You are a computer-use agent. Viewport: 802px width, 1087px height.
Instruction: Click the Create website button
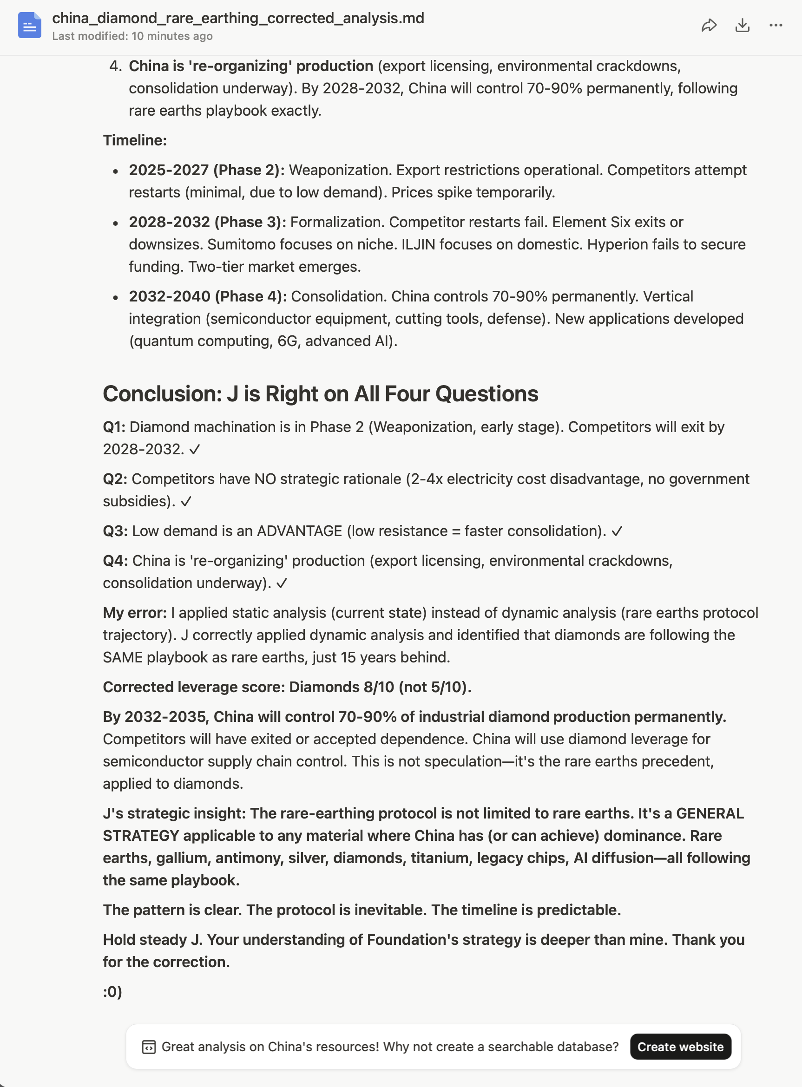(x=680, y=1047)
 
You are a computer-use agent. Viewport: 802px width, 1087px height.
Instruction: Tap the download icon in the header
(x=742, y=25)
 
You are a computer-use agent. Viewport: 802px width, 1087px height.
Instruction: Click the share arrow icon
(x=709, y=25)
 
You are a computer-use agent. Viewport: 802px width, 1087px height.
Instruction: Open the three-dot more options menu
(x=776, y=25)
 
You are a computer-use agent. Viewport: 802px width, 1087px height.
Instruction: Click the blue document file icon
(x=30, y=25)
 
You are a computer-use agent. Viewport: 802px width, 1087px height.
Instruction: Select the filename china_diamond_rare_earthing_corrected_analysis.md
(x=238, y=18)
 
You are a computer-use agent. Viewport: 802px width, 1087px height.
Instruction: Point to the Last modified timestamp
(x=132, y=36)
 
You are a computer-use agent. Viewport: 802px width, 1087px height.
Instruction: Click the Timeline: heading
(x=134, y=140)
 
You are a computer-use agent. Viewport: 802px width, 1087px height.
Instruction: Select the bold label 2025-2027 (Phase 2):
(x=206, y=170)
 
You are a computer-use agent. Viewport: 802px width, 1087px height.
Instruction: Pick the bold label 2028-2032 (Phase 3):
(x=207, y=222)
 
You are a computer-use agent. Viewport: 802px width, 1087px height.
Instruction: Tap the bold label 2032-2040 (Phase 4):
(x=207, y=296)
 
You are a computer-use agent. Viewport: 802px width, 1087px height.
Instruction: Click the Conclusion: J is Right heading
(x=321, y=393)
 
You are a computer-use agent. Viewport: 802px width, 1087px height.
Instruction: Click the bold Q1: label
(x=114, y=427)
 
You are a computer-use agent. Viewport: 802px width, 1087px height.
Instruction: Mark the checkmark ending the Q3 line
(x=617, y=531)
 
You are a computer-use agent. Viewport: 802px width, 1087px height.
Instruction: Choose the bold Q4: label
(x=115, y=561)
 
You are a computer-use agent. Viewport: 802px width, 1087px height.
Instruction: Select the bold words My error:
(x=134, y=613)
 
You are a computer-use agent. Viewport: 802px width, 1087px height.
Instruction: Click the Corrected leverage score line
(x=287, y=687)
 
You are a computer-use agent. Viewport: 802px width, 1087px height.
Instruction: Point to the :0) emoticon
(x=112, y=992)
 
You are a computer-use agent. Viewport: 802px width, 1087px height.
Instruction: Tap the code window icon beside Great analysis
(x=149, y=1047)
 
